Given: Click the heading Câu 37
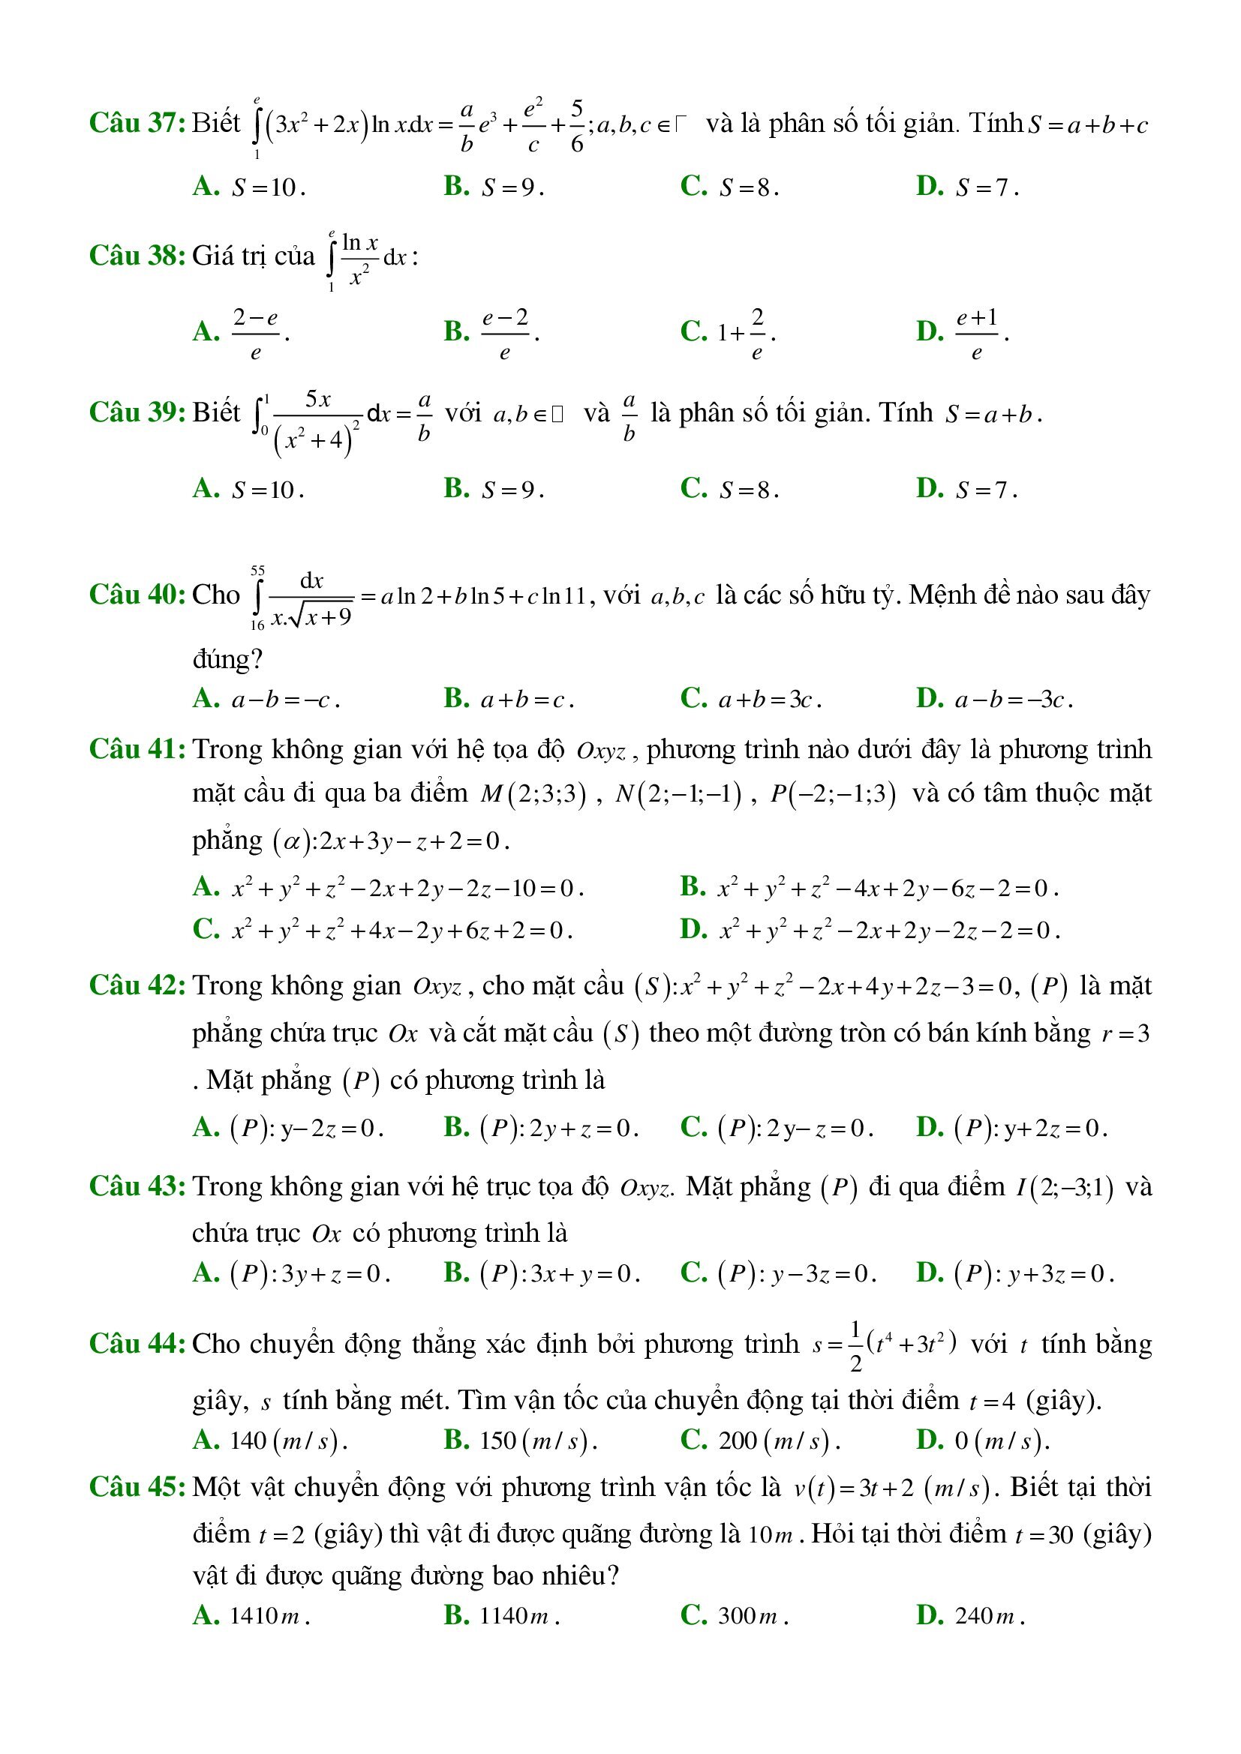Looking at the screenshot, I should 137,123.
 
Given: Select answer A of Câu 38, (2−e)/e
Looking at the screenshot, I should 255,332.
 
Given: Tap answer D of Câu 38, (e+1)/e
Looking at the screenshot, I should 977,332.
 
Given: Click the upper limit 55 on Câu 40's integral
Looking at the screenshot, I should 257,571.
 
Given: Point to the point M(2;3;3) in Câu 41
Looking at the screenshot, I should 533,794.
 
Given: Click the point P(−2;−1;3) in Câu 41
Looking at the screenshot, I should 833,794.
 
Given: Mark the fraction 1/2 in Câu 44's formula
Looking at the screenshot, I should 856,1345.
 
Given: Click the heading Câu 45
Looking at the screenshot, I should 137,1486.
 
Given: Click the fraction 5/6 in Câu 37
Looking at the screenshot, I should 577,124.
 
